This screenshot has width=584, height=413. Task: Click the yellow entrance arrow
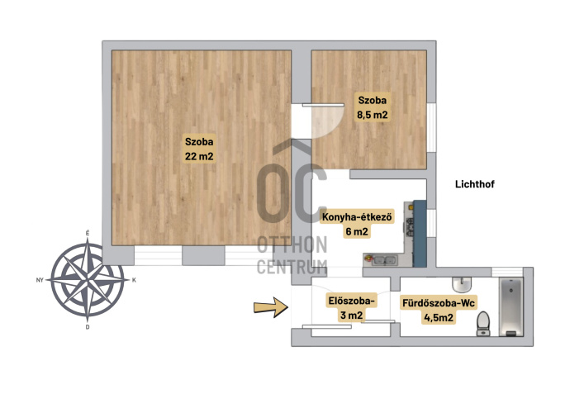271,307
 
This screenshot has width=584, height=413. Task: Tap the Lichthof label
475,184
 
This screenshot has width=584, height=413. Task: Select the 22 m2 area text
199,156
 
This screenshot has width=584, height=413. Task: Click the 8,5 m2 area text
372,115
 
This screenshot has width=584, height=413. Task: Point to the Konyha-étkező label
357,216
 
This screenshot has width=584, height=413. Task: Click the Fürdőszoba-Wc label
439,303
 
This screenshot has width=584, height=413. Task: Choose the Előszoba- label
351,301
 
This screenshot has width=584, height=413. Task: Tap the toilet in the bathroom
483,324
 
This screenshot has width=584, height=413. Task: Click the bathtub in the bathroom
511,307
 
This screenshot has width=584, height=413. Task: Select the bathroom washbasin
462,285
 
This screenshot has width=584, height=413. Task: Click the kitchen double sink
384,260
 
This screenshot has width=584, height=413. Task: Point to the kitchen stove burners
410,226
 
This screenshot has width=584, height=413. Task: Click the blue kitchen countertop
420,234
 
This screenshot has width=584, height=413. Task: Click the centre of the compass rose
88,280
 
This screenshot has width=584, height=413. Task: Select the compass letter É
88,233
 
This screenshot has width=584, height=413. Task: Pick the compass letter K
134,280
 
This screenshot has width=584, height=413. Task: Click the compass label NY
40,280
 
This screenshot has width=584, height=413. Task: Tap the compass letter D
88,327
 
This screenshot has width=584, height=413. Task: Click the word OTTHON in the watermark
292,244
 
